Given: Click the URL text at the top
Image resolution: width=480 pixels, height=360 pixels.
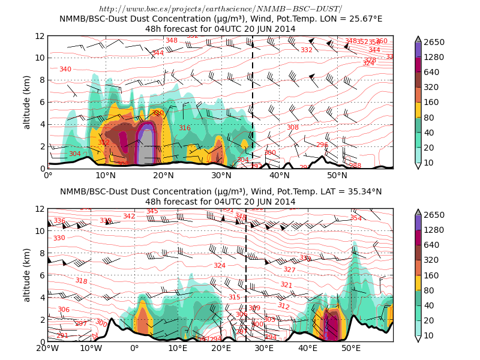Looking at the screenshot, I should click(x=220, y=9).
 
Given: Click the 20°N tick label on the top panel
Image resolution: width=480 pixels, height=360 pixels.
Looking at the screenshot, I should click(x=163, y=176).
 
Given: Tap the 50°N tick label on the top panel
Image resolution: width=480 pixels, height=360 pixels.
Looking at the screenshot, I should click(x=337, y=176).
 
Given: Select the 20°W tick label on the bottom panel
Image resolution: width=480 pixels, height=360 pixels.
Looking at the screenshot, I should click(x=47, y=349).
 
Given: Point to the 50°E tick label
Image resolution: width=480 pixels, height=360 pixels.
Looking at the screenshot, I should click(x=351, y=349).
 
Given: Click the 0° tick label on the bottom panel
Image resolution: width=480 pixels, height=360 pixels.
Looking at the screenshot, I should click(x=134, y=349).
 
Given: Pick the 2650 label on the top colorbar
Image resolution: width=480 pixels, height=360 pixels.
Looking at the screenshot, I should click(x=434, y=42).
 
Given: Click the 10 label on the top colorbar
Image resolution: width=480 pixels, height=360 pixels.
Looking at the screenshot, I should click(x=430, y=163).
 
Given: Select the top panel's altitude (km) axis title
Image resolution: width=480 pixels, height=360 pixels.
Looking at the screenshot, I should click(x=27, y=102).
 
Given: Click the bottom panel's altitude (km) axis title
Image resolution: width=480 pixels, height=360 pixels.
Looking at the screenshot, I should click(x=27, y=275).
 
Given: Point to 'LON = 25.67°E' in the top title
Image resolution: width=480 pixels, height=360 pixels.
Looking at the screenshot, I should click(x=344, y=19).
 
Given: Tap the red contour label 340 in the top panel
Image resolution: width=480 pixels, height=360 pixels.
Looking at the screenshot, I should click(x=65, y=70).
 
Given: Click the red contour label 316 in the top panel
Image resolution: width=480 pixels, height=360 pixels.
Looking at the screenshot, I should click(x=184, y=128).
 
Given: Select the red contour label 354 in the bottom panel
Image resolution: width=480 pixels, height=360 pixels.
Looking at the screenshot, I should click(x=356, y=218).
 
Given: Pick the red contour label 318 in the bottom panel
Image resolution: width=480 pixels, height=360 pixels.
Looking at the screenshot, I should click(x=81, y=281).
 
